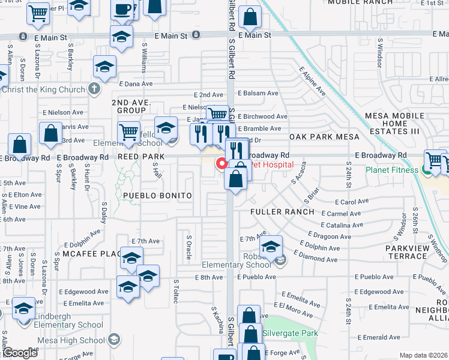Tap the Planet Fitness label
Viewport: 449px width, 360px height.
tap(393, 170)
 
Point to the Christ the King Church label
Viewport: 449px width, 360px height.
tap(43, 90)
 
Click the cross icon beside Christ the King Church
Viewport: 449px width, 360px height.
tap(93, 89)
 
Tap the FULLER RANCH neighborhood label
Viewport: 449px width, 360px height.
tap(282, 212)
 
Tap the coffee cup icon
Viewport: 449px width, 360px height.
tap(124, 9)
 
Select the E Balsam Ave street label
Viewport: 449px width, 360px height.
tap(258, 94)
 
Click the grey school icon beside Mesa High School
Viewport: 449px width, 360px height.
tap(112, 340)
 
